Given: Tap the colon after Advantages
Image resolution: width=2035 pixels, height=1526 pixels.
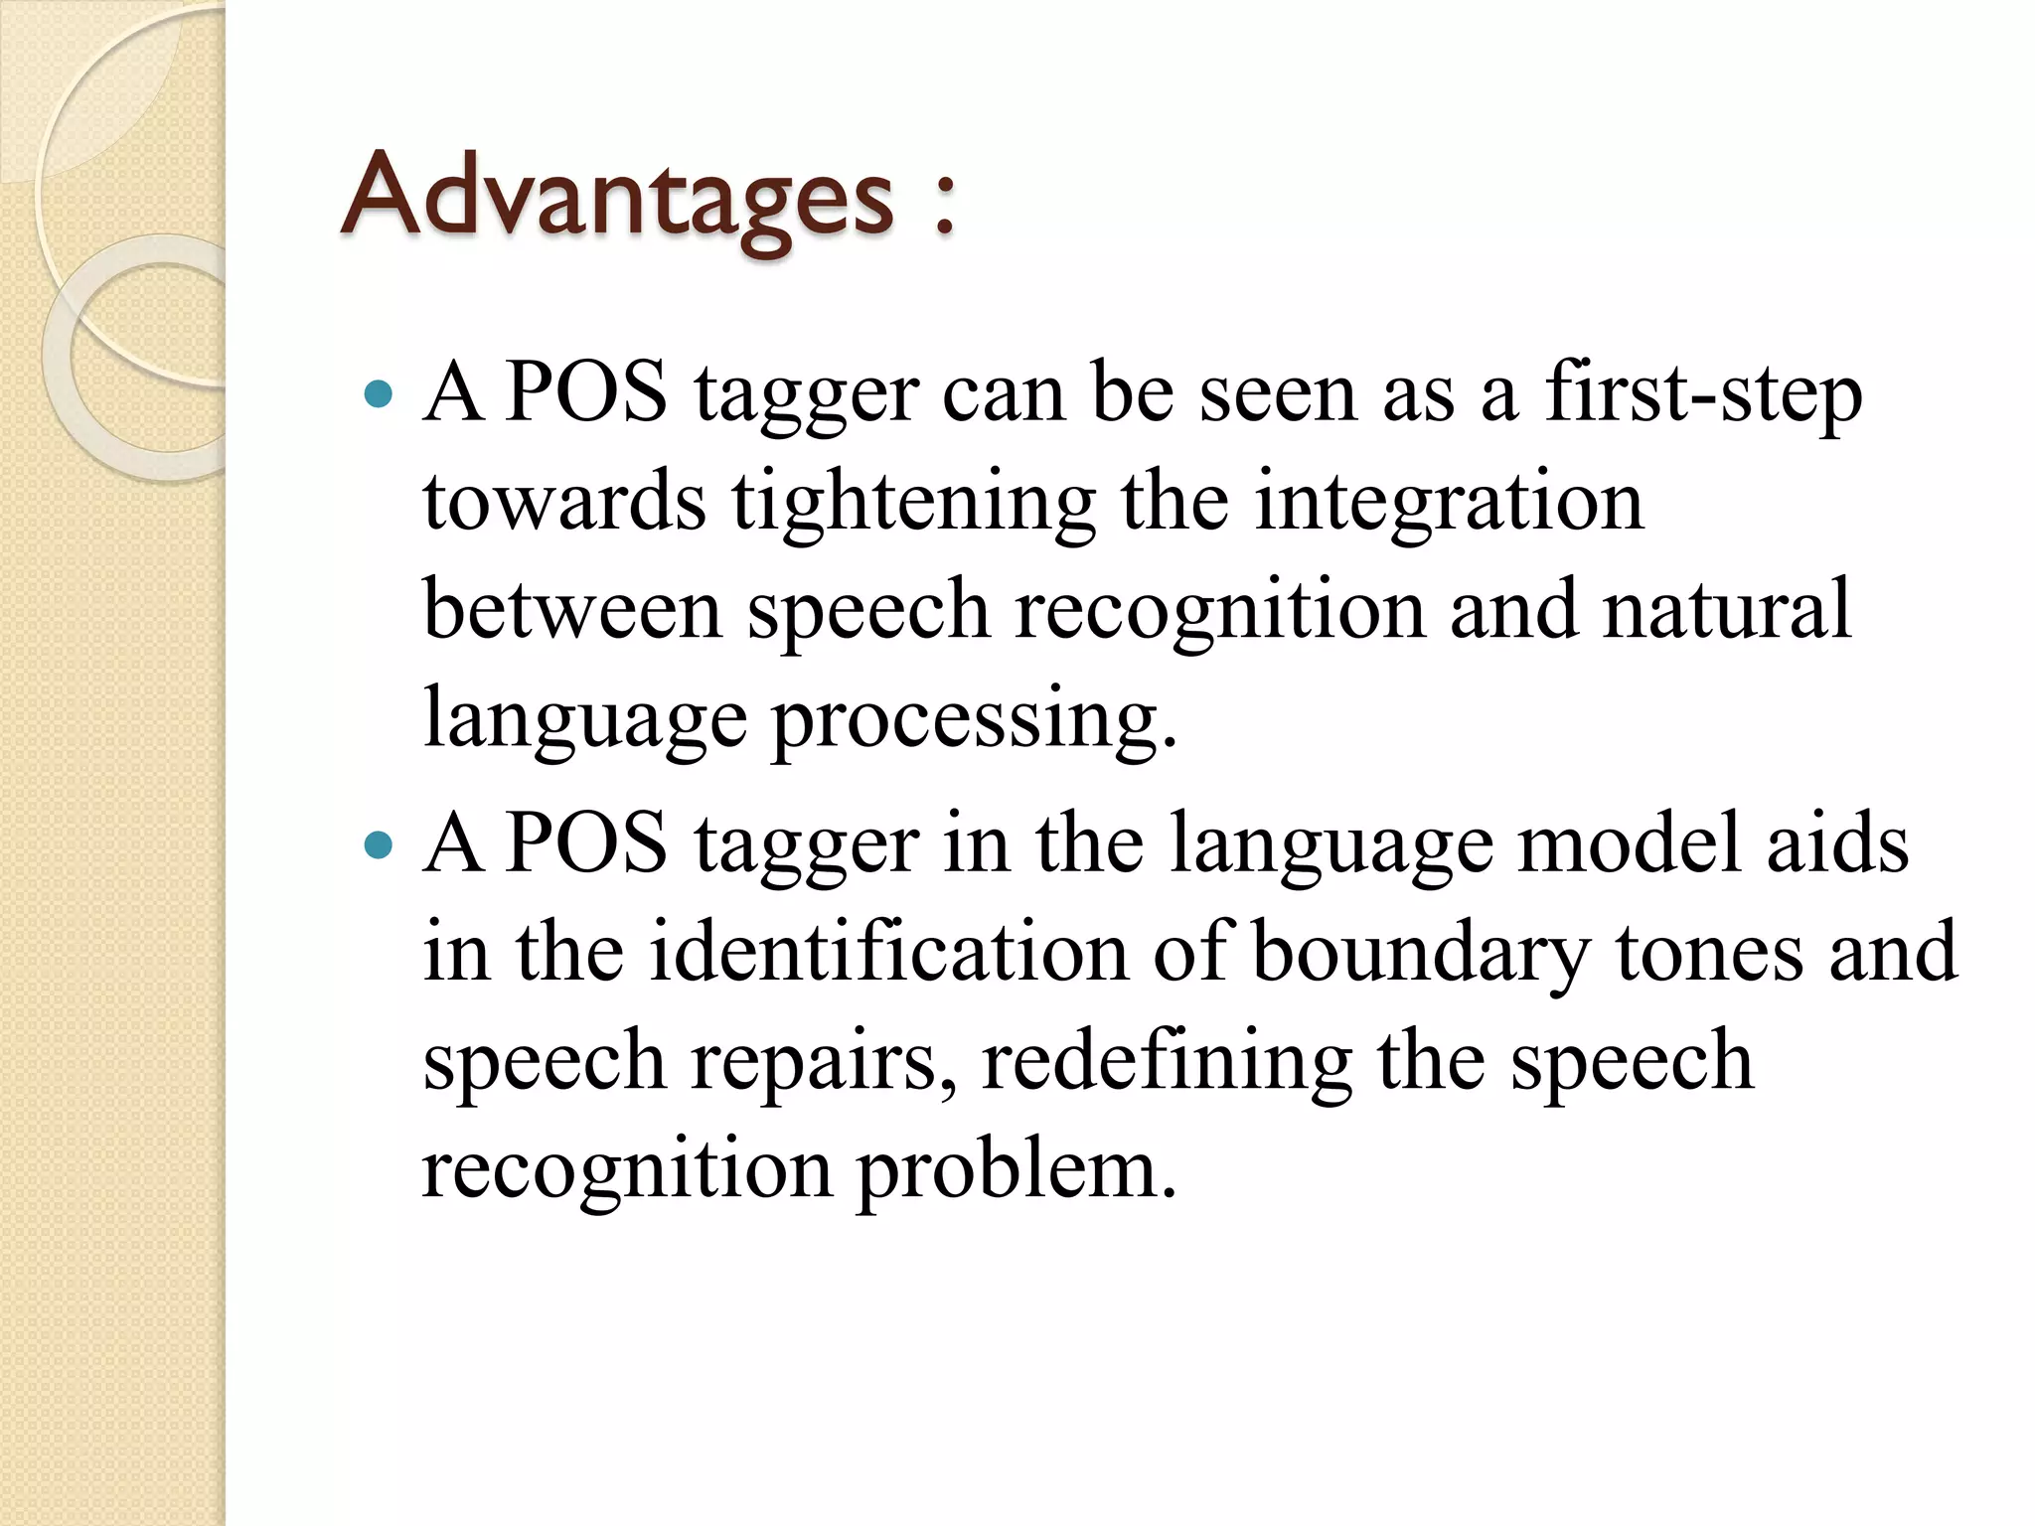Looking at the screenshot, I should [944, 204].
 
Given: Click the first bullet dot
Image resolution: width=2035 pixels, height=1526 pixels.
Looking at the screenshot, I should [379, 395].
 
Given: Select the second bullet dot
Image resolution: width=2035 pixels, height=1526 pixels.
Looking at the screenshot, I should [379, 845].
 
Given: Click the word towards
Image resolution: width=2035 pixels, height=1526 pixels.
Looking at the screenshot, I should [564, 502].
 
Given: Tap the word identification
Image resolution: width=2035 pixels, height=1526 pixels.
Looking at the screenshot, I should [889, 952].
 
